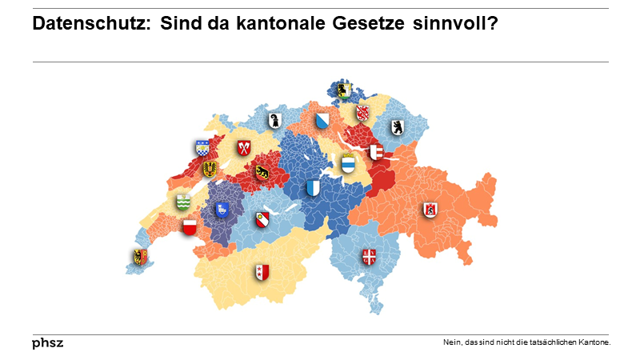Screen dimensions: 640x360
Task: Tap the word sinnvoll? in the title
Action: point(456,25)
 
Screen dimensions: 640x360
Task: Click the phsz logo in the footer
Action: point(47,343)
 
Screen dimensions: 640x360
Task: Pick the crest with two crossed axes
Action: point(244,148)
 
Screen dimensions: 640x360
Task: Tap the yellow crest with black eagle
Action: point(210,168)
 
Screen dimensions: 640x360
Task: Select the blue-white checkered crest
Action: point(202,148)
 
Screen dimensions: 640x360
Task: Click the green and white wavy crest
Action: point(183,202)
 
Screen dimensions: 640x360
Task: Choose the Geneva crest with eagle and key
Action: point(139,257)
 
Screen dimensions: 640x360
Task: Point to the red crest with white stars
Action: point(260,272)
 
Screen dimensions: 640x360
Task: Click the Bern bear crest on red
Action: point(262,171)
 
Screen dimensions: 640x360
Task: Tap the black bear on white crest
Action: point(397,127)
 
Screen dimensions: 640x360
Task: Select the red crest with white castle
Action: point(430,210)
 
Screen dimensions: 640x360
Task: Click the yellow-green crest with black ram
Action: point(344,90)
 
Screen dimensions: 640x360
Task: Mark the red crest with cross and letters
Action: point(369,257)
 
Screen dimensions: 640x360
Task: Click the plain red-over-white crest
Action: point(189,228)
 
